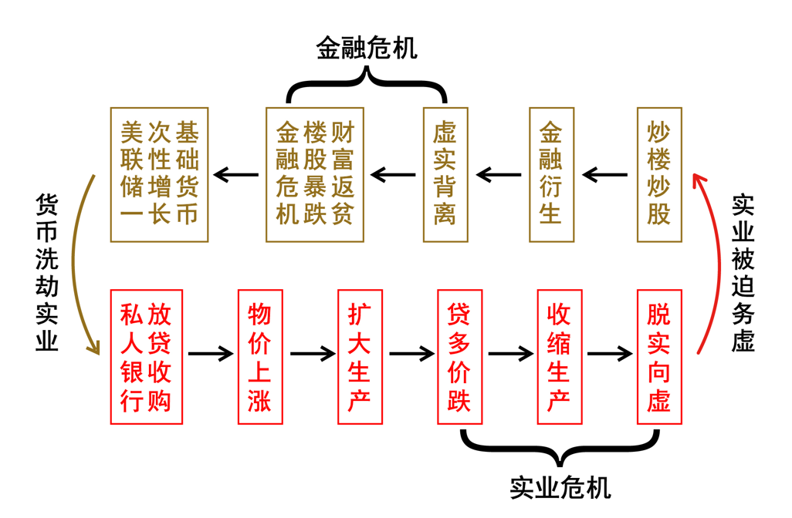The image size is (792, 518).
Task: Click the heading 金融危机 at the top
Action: coord(367,48)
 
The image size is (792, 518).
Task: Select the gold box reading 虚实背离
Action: coord(445,175)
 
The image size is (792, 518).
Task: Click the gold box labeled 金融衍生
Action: coord(551,175)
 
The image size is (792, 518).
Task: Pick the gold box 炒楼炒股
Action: coord(659,175)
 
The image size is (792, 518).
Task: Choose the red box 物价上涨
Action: coord(260,357)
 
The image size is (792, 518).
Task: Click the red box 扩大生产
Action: coord(360,357)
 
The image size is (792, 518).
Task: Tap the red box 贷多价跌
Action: coord(459,357)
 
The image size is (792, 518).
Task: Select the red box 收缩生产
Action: coord(559,357)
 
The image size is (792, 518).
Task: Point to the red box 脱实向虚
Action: coord(659,357)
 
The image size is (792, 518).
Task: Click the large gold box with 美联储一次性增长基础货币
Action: coord(159,175)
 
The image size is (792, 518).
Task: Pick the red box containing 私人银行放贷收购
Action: coord(146,357)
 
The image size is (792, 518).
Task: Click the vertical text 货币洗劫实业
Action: coord(47,272)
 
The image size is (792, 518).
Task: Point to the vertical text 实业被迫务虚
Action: coord(743,272)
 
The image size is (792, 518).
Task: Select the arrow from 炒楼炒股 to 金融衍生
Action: coord(605,176)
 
